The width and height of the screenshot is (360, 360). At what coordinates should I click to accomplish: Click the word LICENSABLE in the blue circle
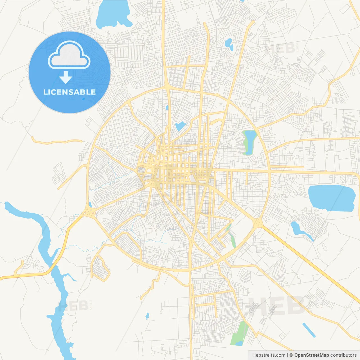coord(69,92)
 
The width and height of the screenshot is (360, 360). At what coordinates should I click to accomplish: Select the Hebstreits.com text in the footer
coord(269,355)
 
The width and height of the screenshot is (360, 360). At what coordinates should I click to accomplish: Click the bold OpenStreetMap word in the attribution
coord(311,355)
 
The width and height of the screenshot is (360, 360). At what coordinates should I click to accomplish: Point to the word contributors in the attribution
coord(343,355)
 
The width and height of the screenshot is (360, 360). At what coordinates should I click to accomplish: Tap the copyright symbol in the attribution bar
coord(291,355)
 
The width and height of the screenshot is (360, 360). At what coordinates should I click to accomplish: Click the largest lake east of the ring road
coord(331,198)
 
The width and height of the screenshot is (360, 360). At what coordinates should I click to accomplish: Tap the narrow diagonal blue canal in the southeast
coord(309,330)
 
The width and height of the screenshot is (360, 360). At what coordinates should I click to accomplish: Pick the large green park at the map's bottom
coord(238,333)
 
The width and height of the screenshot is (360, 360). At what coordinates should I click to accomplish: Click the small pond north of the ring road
coord(229,44)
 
